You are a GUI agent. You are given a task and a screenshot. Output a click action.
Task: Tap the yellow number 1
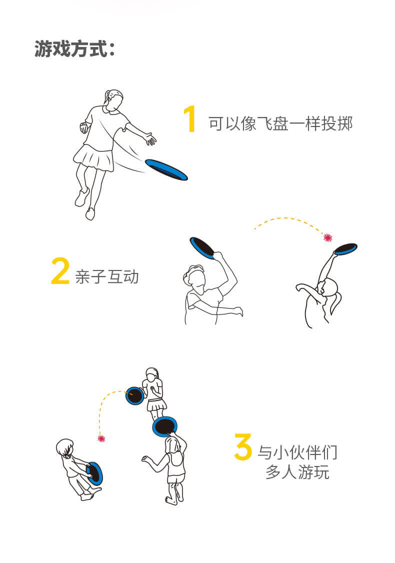[x=190, y=119]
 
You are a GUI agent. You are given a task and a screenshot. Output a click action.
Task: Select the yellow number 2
[x=60, y=270]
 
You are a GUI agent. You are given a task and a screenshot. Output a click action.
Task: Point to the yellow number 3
[x=243, y=446]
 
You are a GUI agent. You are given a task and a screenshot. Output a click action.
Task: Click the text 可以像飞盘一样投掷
[x=280, y=123]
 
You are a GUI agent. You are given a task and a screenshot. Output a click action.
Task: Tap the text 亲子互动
[x=106, y=277]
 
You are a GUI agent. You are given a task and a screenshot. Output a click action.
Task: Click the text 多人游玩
[x=297, y=472]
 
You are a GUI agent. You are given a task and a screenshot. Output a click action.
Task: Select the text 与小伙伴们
[x=297, y=452]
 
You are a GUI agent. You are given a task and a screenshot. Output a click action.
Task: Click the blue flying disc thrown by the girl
[x=166, y=169]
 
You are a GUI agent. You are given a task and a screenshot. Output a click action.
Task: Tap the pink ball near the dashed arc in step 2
[x=327, y=237]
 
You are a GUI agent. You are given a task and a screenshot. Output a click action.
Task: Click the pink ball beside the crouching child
[x=101, y=438]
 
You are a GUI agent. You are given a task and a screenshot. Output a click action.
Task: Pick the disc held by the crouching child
[x=95, y=473]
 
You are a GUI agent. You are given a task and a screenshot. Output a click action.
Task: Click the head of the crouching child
[x=64, y=447]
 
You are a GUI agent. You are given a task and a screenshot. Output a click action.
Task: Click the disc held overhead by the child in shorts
[x=165, y=426]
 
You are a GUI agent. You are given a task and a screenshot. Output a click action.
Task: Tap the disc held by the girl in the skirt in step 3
[x=135, y=396]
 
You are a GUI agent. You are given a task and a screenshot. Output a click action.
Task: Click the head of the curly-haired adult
[x=194, y=276]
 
